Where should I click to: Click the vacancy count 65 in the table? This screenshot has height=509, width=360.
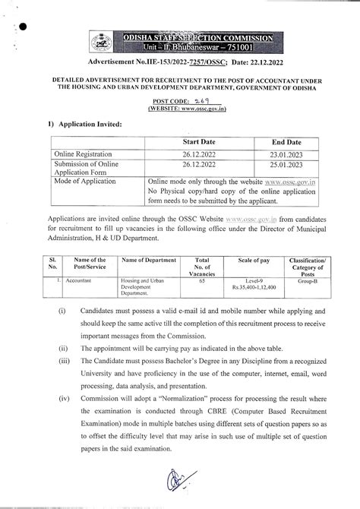[x=201, y=280]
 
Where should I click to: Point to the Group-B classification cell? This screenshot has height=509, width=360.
[x=306, y=280]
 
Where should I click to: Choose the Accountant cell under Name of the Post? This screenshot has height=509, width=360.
[x=77, y=280]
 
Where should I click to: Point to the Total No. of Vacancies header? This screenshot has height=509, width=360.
[x=201, y=266]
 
